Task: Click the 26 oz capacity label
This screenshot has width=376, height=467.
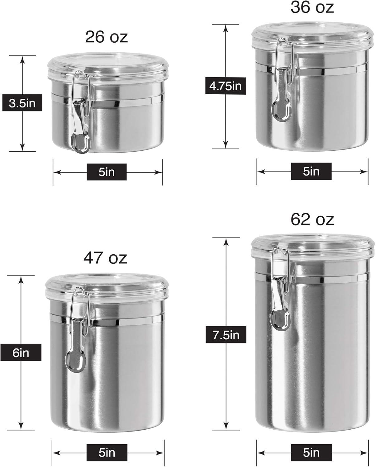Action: (x=106, y=37)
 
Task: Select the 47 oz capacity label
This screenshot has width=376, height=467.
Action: (x=105, y=258)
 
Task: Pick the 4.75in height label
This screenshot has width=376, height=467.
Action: (x=225, y=86)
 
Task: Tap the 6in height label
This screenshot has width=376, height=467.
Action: (x=21, y=352)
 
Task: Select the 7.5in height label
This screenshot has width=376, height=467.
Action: (x=226, y=334)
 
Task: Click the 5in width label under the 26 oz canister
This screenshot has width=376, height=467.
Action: (x=107, y=172)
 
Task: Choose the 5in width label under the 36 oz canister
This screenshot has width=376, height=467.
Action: (x=311, y=172)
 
